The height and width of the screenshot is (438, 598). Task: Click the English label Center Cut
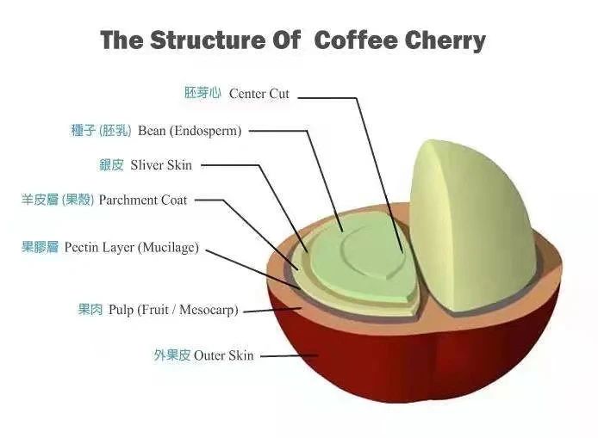click(x=259, y=94)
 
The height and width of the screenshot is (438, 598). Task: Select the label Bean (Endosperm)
click(x=190, y=131)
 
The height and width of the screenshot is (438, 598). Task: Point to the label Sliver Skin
click(x=161, y=165)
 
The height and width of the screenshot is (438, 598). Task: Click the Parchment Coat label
click(x=143, y=200)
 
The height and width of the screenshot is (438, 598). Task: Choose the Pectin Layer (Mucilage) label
click(x=132, y=248)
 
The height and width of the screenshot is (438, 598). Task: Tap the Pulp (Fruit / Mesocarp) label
click(x=173, y=310)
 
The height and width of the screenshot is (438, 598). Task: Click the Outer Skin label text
click(x=223, y=355)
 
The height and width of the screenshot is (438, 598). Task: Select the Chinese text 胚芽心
click(x=202, y=93)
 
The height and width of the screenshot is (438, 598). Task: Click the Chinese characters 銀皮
click(x=111, y=165)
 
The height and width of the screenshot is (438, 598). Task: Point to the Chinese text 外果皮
click(x=172, y=355)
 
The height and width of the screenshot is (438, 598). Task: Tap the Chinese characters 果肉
click(x=90, y=309)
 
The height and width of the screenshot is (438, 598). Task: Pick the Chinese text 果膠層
click(x=40, y=247)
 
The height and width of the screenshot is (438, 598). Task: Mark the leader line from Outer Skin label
click(x=289, y=356)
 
